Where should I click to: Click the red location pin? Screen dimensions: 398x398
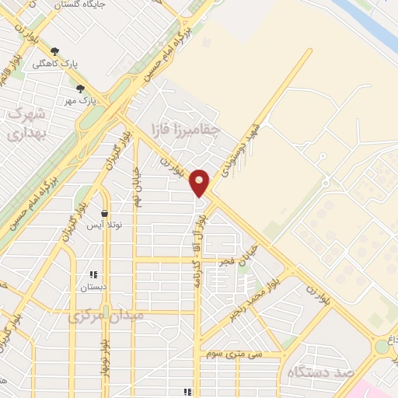200,182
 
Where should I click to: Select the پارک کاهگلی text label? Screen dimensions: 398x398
86,62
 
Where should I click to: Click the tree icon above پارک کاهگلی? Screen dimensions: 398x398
53,51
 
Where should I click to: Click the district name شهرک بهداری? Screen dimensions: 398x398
27,124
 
